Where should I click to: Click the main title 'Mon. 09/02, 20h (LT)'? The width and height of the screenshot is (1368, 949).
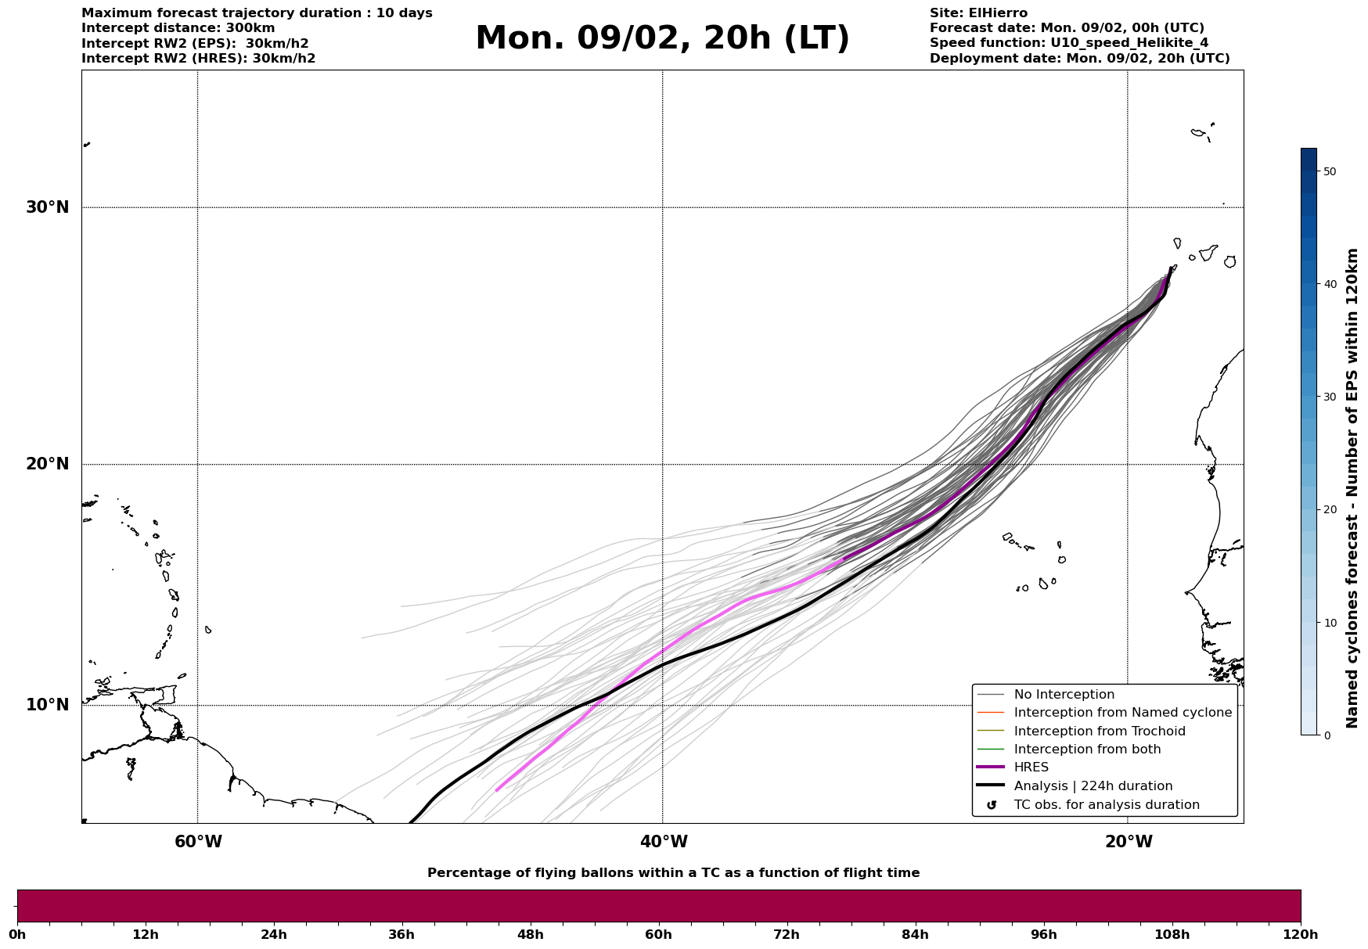tap(662, 38)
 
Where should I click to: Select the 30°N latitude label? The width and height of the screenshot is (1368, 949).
tap(47, 207)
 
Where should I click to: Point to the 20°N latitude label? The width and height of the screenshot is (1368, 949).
tap(47, 464)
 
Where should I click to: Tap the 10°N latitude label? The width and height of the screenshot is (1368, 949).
tap(47, 705)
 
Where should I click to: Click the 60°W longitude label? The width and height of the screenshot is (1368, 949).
tap(198, 842)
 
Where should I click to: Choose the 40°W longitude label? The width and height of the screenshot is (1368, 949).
tap(664, 842)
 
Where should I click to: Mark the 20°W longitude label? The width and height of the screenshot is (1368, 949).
tap(1129, 842)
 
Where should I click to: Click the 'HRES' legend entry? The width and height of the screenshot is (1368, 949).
tap(1031, 767)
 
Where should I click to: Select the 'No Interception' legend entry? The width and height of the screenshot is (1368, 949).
tap(1064, 695)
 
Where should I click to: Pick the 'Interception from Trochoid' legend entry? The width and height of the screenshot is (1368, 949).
tap(1099, 732)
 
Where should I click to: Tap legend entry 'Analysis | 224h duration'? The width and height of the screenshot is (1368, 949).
tap(1093, 786)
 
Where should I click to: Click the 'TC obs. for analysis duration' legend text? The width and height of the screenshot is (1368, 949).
tap(1106, 805)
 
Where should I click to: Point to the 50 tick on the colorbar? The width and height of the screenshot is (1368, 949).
tap(1329, 171)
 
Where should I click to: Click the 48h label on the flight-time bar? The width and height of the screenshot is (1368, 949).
tap(530, 935)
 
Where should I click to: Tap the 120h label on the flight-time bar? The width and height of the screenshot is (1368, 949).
tap(1300, 935)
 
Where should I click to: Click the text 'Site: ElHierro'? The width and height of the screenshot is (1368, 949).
tap(978, 13)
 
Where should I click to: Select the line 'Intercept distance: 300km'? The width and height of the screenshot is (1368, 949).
tap(178, 28)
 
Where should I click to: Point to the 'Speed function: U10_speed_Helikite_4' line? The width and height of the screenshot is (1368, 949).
tap(1068, 43)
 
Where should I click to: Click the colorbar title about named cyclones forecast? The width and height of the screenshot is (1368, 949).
tap(1352, 488)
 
